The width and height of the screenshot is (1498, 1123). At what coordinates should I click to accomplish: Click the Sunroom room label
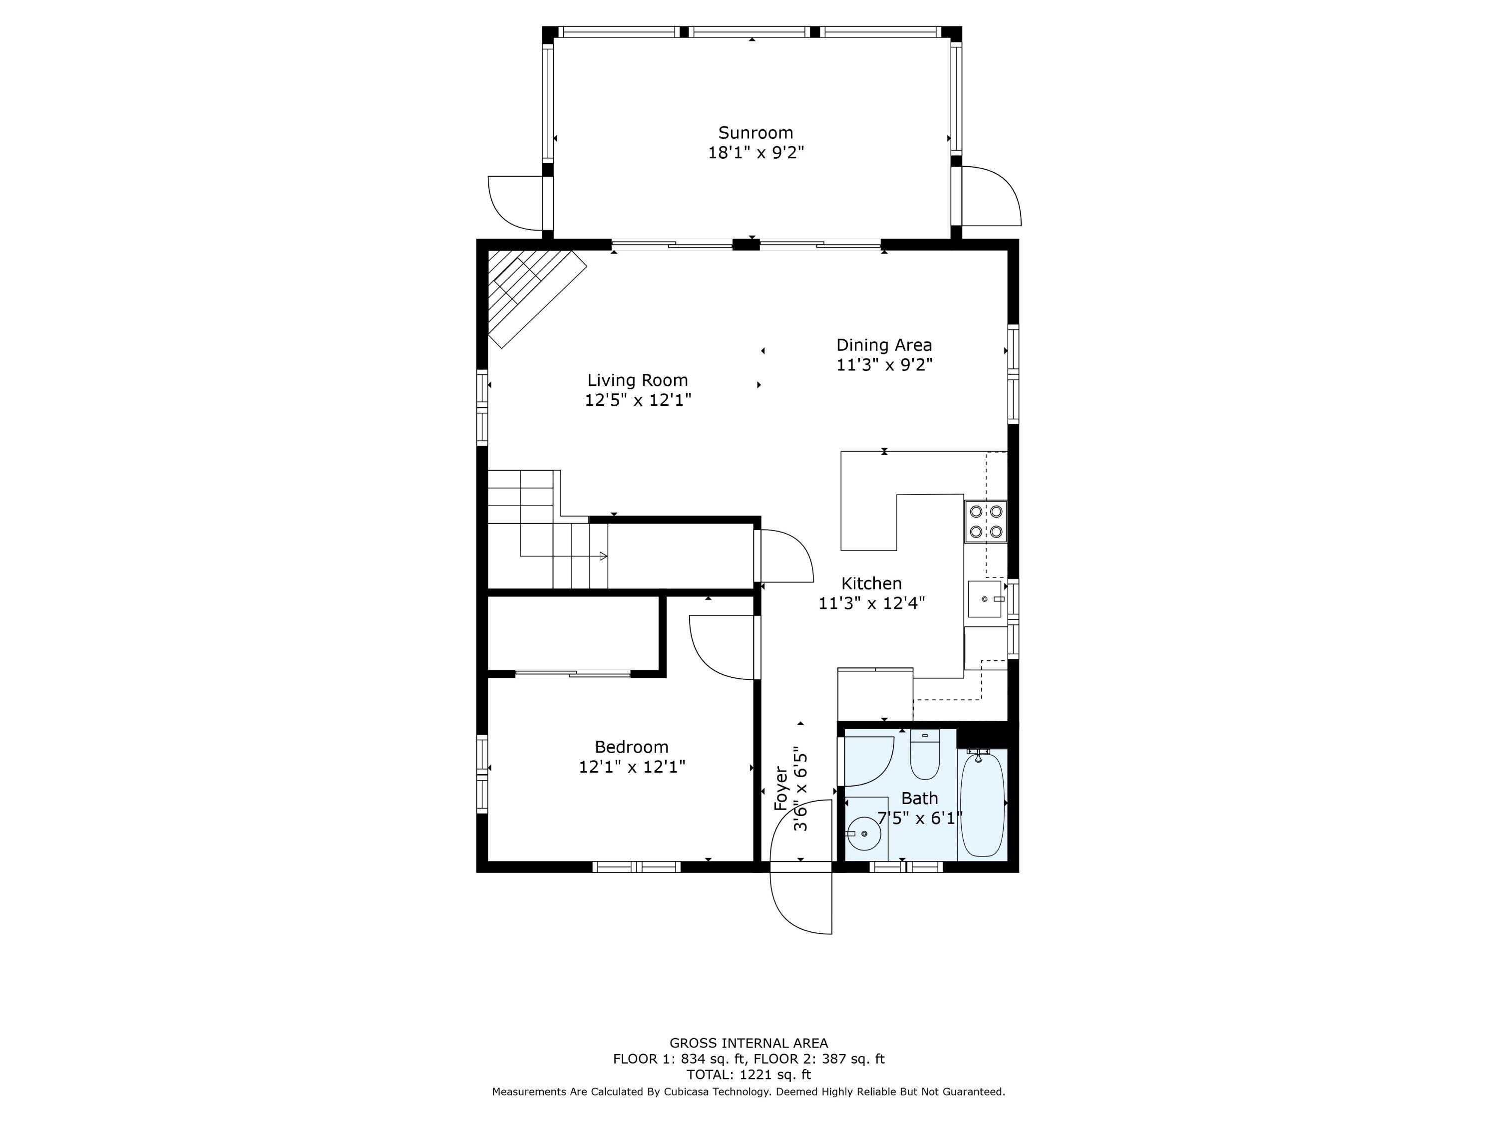pyautogui.click(x=755, y=133)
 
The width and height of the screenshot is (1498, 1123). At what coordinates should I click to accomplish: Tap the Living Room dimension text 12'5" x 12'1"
pyautogui.click(x=637, y=400)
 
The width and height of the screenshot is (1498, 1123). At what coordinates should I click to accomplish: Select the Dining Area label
pyautogui.click(x=884, y=345)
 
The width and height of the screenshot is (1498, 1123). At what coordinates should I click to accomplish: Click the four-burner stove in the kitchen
pyautogui.click(x=985, y=521)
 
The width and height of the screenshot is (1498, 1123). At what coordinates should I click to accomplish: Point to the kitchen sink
pyautogui.click(x=984, y=599)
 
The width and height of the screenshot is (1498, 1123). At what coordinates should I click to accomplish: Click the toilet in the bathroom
pyautogui.click(x=924, y=755)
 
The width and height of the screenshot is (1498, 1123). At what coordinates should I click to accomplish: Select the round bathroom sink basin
pyautogui.click(x=863, y=834)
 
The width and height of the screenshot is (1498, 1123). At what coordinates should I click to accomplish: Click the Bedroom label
pyautogui.click(x=631, y=747)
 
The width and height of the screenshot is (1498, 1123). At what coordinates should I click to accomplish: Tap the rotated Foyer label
pyautogui.click(x=781, y=788)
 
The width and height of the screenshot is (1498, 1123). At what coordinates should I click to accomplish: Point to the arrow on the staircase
pyautogui.click(x=603, y=557)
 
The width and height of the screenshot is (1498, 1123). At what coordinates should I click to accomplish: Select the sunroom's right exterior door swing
pyautogui.click(x=990, y=196)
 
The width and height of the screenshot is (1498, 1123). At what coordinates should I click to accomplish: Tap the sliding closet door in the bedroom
pyautogui.click(x=573, y=673)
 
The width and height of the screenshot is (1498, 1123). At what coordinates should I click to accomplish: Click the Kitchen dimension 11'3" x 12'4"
pyautogui.click(x=871, y=603)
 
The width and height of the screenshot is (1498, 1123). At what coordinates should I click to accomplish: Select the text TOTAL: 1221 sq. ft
pyautogui.click(x=749, y=1074)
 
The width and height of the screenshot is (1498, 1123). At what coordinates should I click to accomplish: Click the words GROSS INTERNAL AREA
pyautogui.click(x=749, y=1043)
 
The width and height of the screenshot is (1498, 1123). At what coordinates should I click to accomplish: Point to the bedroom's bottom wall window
pyautogui.click(x=636, y=866)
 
